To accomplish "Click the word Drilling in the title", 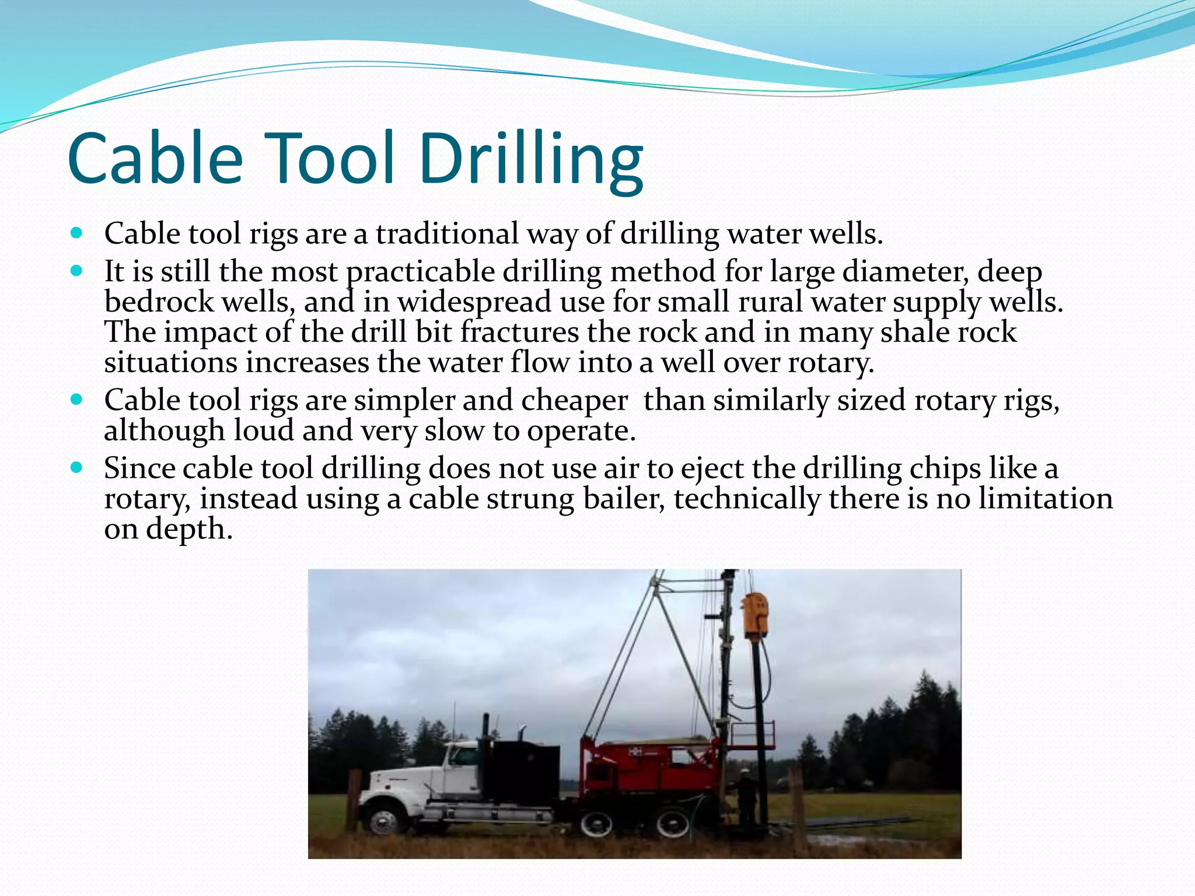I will tap(531, 160).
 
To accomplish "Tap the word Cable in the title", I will tap(155, 160).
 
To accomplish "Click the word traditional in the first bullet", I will tap(446, 234).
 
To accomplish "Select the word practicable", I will tap(420, 272).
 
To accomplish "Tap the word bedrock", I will tap(158, 302).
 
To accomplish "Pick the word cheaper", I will tap(574, 401).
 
